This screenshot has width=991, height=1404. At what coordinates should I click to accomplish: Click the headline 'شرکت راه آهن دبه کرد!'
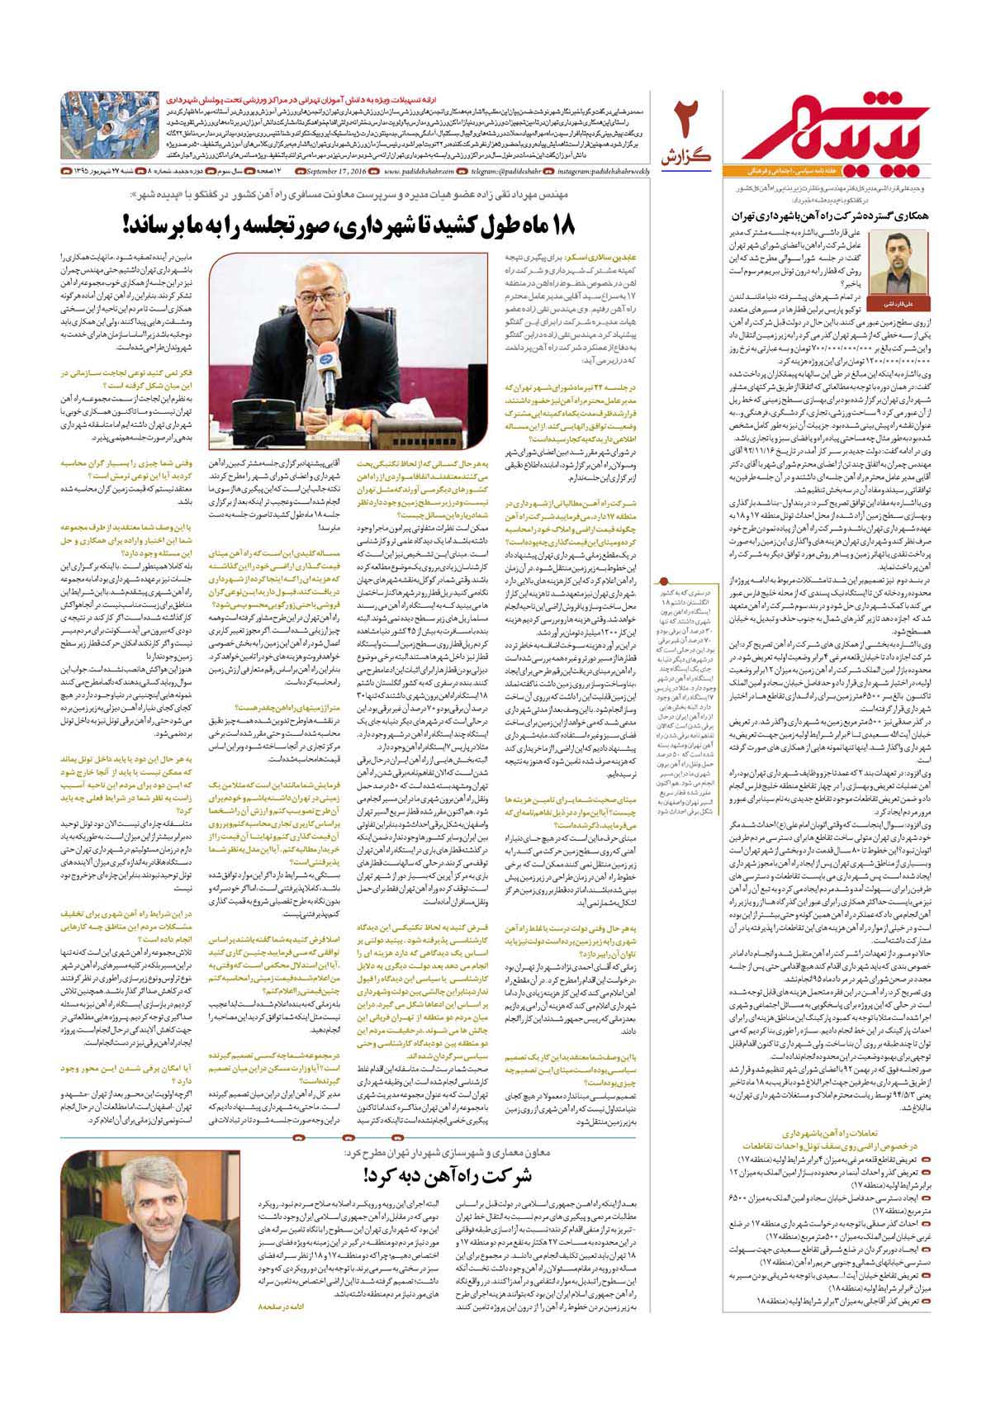point(436,1170)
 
